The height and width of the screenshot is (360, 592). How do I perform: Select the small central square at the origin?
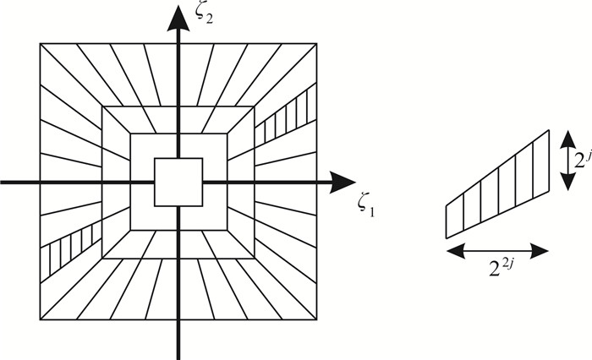(x=178, y=182)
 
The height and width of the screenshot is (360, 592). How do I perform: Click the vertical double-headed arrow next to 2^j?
(x=569, y=158)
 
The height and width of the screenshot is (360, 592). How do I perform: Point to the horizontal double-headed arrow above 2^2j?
(x=496, y=250)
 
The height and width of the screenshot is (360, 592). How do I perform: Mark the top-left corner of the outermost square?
(x=40, y=43)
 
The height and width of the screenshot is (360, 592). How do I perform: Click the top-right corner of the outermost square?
(x=317, y=43)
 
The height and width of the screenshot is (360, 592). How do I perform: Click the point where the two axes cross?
(x=178, y=182)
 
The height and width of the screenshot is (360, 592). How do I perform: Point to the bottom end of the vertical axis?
(x=178, y=357)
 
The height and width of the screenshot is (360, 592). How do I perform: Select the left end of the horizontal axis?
(x=3, y=182)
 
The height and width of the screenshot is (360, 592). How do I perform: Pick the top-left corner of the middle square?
(x=102, y=106)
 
